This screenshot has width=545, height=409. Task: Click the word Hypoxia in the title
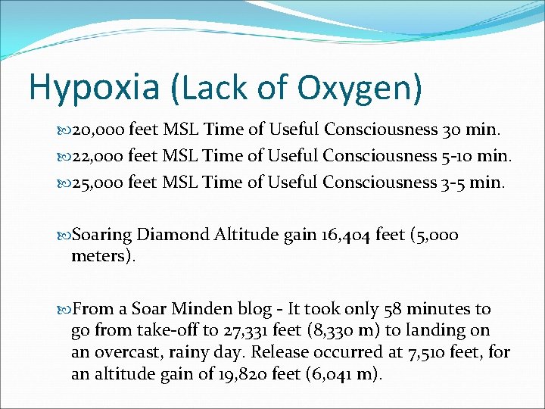(93, 87)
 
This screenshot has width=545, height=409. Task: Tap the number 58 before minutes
(392, 309)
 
